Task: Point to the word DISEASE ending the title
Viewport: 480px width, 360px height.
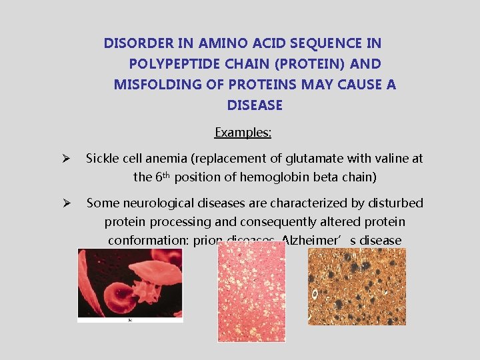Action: tap(255, 105)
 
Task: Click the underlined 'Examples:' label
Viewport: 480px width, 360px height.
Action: tap(243, 133)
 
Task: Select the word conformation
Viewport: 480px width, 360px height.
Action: tap(147, 240)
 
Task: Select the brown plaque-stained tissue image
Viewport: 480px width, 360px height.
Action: tap(357, 287)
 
